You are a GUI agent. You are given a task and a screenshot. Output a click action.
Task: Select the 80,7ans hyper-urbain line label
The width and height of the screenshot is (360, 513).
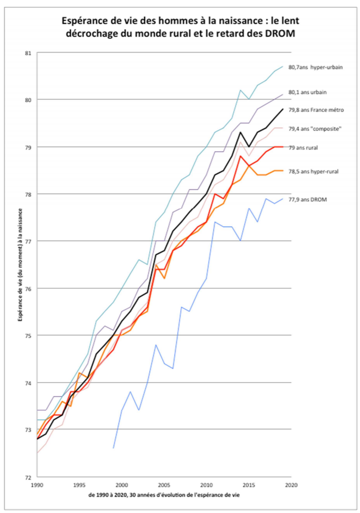coord(316,67)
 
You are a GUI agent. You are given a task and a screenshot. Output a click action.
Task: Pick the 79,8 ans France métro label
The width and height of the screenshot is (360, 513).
coord(317,110)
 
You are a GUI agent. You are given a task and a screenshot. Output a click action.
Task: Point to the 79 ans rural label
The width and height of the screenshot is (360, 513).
coord(306,148)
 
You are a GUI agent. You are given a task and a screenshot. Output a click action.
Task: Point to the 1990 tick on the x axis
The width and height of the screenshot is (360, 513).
coord(38,484)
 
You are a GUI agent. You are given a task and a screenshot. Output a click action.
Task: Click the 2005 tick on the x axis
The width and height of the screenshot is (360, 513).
coord(164,484)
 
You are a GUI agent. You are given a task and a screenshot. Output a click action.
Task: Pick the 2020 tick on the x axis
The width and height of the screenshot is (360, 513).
coord(291,484)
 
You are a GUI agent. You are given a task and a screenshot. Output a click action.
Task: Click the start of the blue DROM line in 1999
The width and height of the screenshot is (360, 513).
coord(113,448)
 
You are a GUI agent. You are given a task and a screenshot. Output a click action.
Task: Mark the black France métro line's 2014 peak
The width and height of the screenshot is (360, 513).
coord(240,132)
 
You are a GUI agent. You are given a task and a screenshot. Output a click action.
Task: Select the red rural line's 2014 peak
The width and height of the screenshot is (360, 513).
coord(240,156)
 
